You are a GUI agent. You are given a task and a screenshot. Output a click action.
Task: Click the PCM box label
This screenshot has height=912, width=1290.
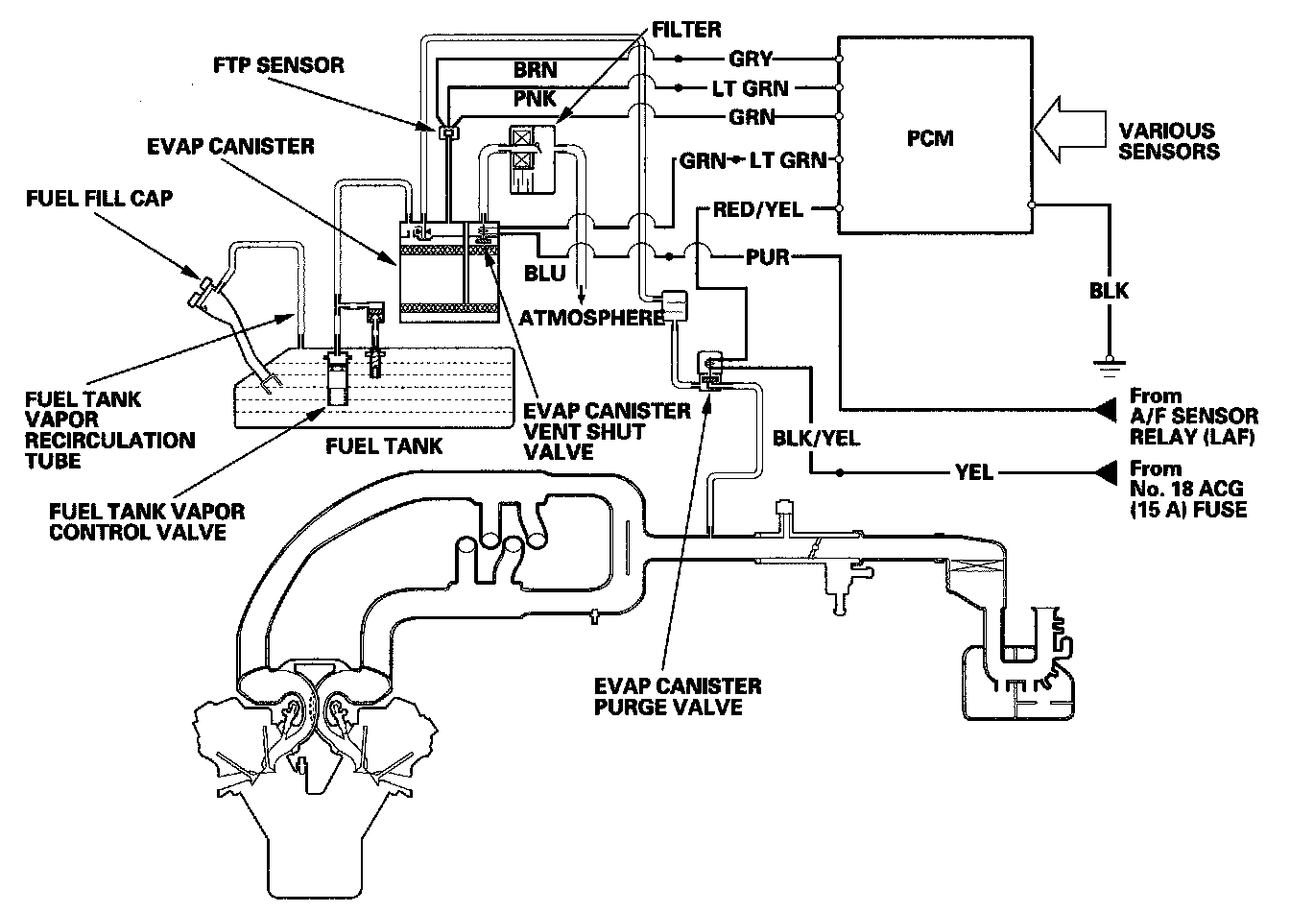[x=930, y=138]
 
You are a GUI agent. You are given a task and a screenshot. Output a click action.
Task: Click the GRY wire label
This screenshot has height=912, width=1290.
[x=751, y=58]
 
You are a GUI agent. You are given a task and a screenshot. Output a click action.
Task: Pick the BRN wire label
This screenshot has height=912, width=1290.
[x=535, y=70]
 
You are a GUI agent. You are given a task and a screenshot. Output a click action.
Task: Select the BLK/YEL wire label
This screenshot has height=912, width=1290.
[x=814, y=439]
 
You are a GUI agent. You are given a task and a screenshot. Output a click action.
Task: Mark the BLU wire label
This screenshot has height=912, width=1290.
[x=544, y=274]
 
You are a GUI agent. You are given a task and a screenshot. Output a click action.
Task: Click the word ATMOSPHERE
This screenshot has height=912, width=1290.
[x=592, y=316]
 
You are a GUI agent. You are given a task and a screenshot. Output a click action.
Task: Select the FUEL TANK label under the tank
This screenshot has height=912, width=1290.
[x=384, y=445]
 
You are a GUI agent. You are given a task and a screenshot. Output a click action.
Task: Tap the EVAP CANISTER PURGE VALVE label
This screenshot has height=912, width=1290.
[x=678, y=697]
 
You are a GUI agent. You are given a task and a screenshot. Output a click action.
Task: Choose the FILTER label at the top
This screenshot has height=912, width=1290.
[x=686, y=30]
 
